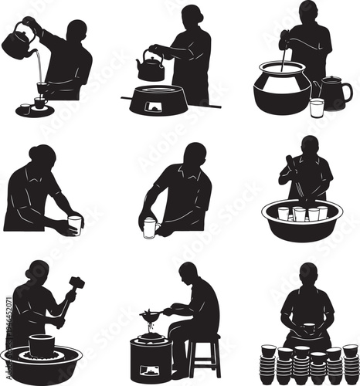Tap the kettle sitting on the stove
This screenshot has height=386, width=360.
151,69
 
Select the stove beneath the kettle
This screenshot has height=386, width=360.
159,101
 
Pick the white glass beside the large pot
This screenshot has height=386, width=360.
317,106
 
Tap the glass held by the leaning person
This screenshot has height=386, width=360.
74,225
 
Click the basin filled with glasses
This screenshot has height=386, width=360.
303,218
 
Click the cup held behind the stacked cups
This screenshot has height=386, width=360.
309,330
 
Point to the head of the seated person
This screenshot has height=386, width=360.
188,273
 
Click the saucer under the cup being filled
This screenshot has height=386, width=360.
36,111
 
